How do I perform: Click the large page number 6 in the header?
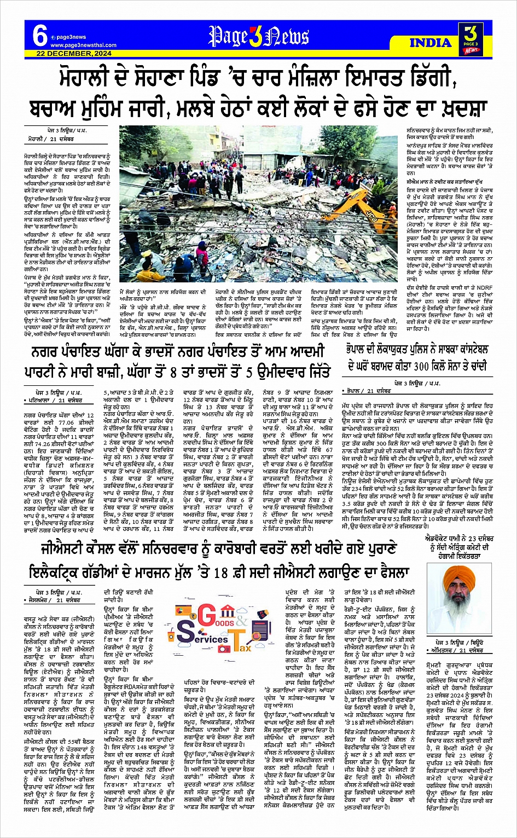(39, 36)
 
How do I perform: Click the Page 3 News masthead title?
(259, 37)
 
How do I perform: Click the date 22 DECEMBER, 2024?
(74, 54)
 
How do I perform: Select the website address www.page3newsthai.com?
(84, 45)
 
